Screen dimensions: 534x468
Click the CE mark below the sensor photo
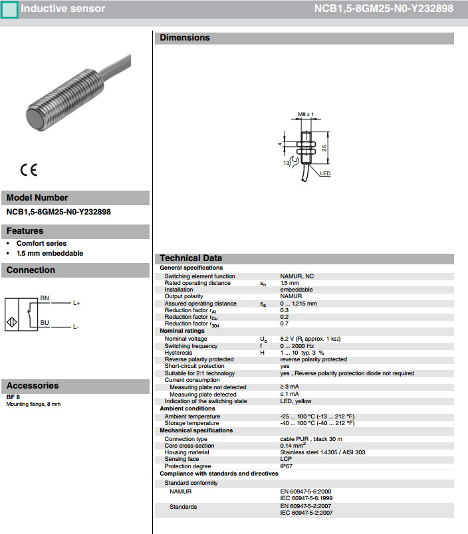coord(29,169)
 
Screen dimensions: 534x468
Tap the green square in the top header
coord(9,9)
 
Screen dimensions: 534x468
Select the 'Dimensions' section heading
coord(184,38)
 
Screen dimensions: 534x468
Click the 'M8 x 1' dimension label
coord(306,114)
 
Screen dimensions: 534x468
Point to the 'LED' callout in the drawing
coord(325,173)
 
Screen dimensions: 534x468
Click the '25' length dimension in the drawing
coord(324,148)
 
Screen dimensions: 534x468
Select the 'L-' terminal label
coord(76,327)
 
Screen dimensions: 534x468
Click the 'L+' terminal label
coord(76,303)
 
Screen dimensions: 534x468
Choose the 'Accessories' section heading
coord(33,385)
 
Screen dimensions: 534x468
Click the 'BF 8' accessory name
coord(13,397)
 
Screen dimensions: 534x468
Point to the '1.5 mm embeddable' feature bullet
coord(50,253)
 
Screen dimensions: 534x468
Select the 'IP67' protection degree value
coord(287,466)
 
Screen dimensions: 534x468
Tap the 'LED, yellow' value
coord(296,401)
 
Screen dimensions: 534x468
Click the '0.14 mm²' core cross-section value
coord(294,445)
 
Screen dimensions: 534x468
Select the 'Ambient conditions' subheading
coord(187,408)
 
